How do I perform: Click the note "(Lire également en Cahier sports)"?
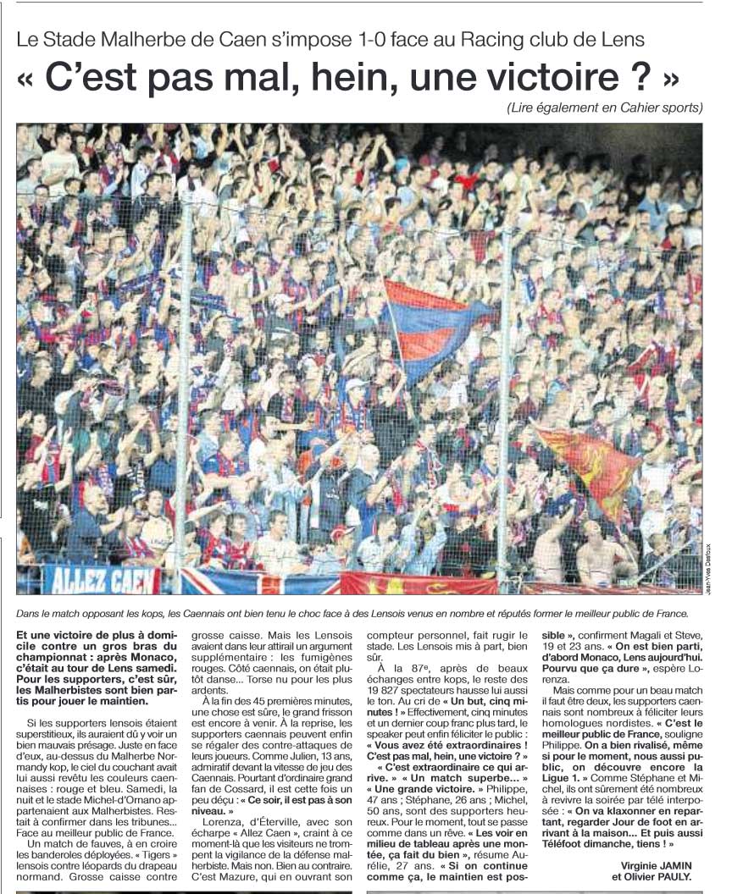[x=605, y=108]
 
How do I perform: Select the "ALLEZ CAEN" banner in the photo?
[x=101, y=580]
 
